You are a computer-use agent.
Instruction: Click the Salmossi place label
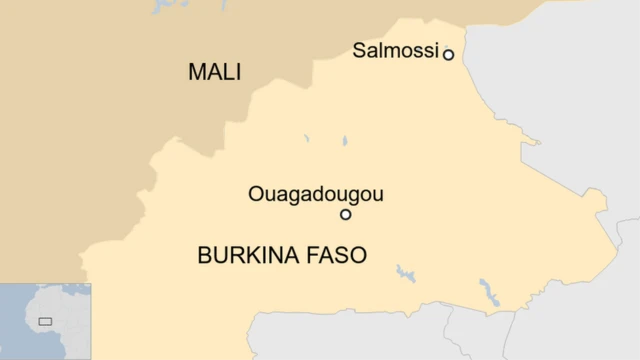[x=396, y=50]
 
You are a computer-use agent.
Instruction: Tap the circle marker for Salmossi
[x=448, y=55]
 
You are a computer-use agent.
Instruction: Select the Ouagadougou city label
[x=316, y=195]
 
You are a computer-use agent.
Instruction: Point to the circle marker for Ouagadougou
[x=346, y=214]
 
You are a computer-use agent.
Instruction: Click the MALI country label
[x=215, y=72]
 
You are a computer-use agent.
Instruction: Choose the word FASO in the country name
[x=339, y=255]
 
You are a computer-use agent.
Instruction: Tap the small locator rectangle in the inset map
[x=45, y=321]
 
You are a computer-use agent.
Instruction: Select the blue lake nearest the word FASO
[x=405, y=272]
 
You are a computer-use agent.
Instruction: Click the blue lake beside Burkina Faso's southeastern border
[x=489, y=292]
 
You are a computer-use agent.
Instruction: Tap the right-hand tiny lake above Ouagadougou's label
[x=344, y=141]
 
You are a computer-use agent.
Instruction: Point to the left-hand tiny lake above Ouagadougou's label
[x=307, y=138]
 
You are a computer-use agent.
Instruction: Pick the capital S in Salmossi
[x=359, y=50]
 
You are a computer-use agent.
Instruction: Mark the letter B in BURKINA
[x=204, y=255]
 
